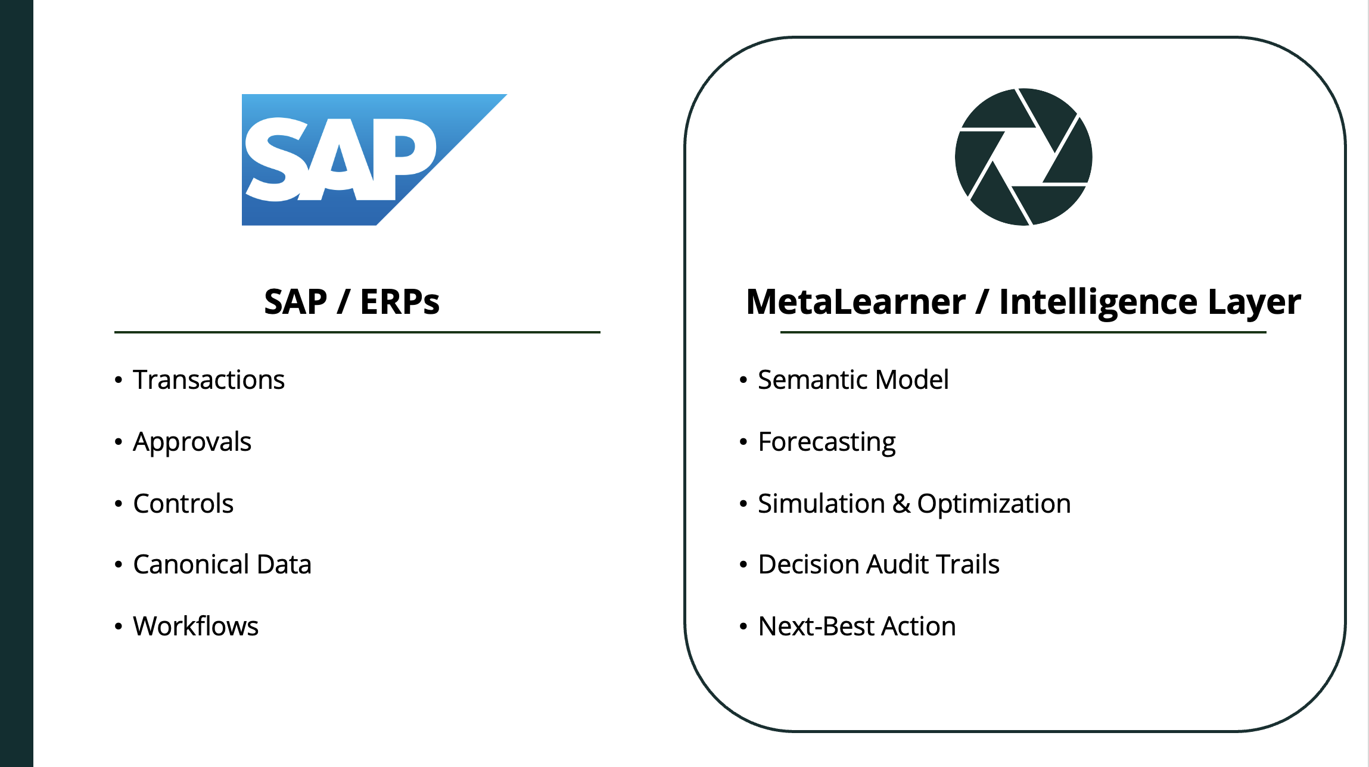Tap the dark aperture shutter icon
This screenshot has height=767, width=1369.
point(1023,157)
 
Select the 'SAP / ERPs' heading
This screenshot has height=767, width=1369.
point(351,301)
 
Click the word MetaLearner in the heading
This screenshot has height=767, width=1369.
point(855,301)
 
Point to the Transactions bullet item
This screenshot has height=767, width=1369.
point(209,379)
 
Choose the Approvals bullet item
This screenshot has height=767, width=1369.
point(192,442)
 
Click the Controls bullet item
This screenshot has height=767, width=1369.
point(183,503)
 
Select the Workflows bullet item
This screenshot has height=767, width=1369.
point(195,626)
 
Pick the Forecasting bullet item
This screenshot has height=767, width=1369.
point(827,442)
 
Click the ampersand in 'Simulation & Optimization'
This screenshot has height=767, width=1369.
point(901,504)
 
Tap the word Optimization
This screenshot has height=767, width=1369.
point(994,504)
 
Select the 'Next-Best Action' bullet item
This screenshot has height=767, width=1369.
point(857,626)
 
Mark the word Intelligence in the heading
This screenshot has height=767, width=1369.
point(1099,303)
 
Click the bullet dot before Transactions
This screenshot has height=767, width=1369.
point(119,379)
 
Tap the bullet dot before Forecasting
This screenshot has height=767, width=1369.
point(743,442)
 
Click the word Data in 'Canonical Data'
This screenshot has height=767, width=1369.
point(284,564)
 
